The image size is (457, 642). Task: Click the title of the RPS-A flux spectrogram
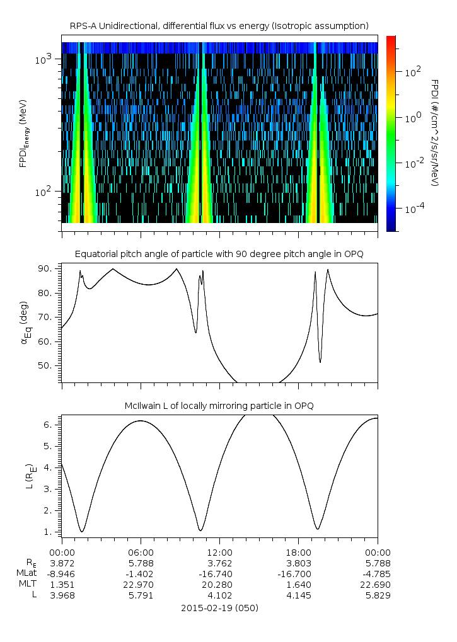219,26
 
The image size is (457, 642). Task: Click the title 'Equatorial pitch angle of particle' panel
219,254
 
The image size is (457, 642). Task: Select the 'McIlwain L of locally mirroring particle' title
219,405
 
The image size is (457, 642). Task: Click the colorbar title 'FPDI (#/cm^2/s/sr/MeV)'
434,132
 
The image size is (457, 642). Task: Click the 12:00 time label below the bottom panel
219,551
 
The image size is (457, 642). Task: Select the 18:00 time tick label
298,551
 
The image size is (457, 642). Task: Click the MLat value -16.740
219,573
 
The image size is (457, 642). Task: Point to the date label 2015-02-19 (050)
219,608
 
